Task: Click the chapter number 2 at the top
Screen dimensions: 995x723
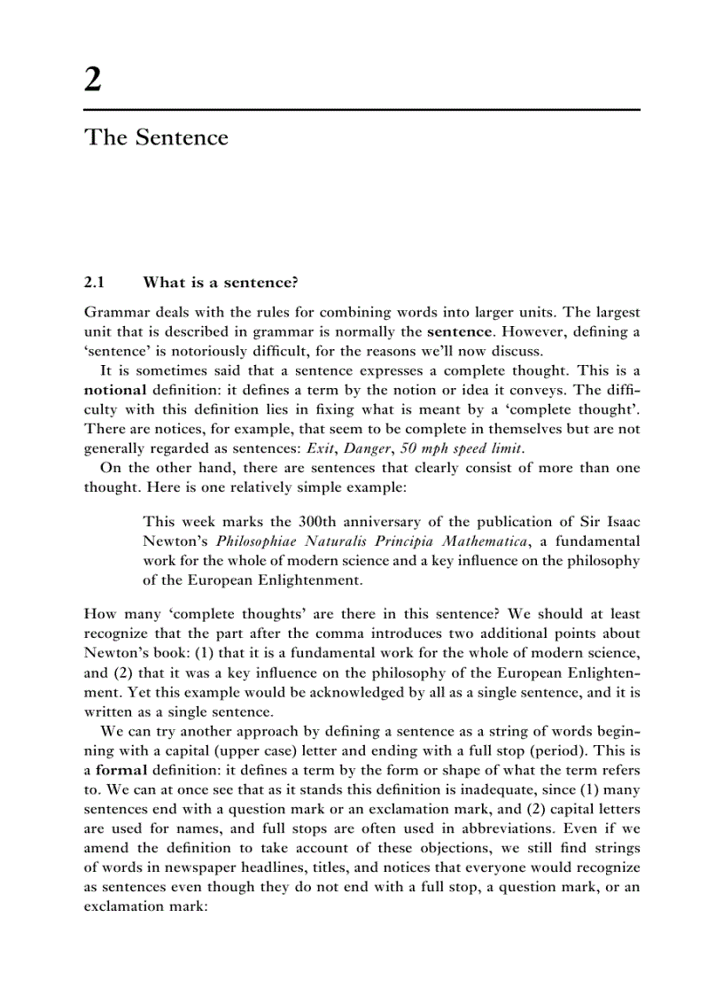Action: tap(93, 81)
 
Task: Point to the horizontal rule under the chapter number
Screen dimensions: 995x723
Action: tap(361, 110)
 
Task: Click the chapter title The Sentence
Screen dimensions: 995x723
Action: tap(156, 138)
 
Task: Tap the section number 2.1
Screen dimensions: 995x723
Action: tap(94, 283)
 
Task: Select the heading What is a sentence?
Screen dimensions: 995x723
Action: tap(221, 283)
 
